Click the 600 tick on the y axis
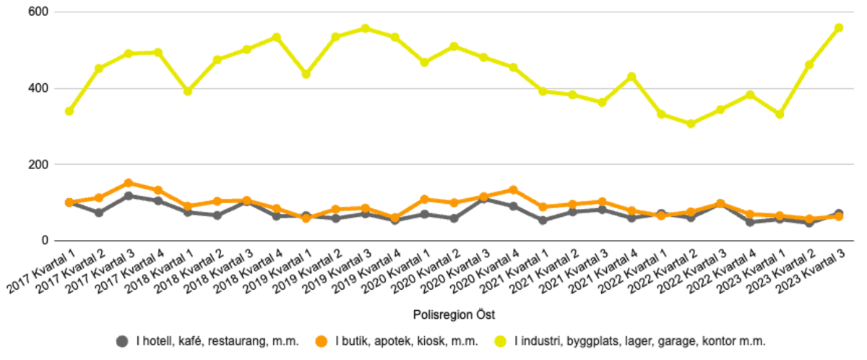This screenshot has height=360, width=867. click(39, 12)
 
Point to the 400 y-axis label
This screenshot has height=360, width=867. click(39, 88)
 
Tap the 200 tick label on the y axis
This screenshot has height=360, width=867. click(39, 164)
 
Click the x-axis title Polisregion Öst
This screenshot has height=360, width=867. click(454, 314)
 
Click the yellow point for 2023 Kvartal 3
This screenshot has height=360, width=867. click(839, 28)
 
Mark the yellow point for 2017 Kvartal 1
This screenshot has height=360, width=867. click(69, 111)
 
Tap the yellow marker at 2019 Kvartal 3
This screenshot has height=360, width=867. click(366, 29)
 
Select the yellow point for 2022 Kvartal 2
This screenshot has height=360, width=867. click(691, 124)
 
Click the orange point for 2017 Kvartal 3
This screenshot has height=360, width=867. click(129, 183)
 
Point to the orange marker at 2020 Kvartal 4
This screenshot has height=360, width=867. click(513, 189)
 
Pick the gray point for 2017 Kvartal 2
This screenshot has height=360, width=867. click(99, 213)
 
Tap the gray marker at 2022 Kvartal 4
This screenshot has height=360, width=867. click(750, 222)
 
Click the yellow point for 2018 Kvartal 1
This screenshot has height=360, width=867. click(188, 91)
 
